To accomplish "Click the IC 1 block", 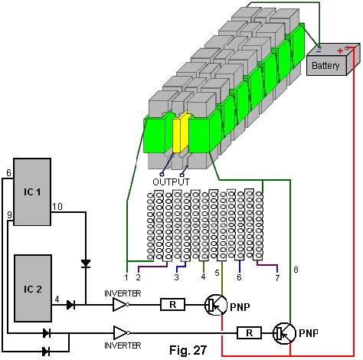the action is coord(32,191).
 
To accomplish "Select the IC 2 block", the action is coord(33,288).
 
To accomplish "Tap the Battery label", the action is coord(325,66).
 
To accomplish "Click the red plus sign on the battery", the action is coord(340,51).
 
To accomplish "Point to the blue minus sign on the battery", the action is coord(319,51).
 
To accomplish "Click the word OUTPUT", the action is coord(172,182).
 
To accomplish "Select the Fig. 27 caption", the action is coord(188,350).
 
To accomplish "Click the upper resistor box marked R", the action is coord(173,304).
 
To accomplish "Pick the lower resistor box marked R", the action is coord(250,333).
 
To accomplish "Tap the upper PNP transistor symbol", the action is coord(216,305).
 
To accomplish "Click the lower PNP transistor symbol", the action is coord(284,333).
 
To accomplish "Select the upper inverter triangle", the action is coord(120,305).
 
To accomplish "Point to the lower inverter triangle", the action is coord(121,332).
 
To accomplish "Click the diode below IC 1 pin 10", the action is coord(86,263).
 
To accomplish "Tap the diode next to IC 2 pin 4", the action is coord(70,305).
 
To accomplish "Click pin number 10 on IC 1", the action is coord(57,206).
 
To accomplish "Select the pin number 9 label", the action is coord(10,215).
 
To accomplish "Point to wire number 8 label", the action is coord(296,270).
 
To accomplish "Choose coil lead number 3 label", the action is coord(176,277).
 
